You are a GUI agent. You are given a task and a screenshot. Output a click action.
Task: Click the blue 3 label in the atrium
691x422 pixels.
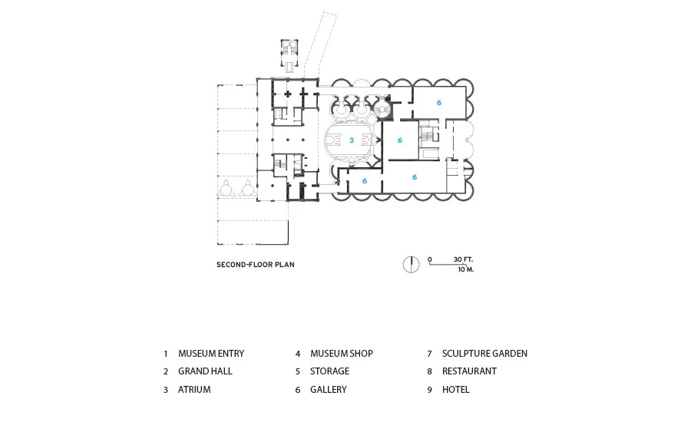point(351,140)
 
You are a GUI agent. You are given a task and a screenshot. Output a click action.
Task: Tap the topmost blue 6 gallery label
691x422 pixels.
point(439,103)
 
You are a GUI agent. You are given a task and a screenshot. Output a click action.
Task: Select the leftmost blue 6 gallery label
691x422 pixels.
point(365,181)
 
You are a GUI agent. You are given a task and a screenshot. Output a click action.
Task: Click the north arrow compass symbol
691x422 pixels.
point(412,264)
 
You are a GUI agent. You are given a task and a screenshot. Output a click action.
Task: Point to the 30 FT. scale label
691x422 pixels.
point(463,259)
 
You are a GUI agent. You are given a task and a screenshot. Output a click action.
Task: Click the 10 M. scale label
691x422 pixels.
point(466,269)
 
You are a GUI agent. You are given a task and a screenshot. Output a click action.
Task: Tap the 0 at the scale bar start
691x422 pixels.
point(430,259)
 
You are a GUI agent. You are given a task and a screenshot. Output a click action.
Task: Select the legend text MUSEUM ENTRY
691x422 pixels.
point(211,353)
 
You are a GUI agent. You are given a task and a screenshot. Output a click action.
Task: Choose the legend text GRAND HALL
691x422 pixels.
point(205,371)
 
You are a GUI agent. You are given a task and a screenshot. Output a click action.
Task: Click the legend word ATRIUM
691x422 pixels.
point(194,390)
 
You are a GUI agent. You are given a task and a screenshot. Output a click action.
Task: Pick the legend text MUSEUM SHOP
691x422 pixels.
point(341,353)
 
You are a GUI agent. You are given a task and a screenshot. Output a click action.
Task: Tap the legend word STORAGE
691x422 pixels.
point(329,371)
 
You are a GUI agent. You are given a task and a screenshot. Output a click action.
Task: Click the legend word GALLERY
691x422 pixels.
point(329,390)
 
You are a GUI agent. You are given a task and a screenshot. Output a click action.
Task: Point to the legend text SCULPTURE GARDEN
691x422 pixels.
point(484,353)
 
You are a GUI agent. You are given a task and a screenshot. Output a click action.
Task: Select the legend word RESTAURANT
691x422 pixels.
point(469,371)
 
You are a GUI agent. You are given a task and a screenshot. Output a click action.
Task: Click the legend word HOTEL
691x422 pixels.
point(455,390)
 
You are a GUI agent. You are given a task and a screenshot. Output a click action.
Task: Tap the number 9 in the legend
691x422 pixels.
point(429,390)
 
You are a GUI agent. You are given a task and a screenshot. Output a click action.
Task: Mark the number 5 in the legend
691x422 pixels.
point(297,372)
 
